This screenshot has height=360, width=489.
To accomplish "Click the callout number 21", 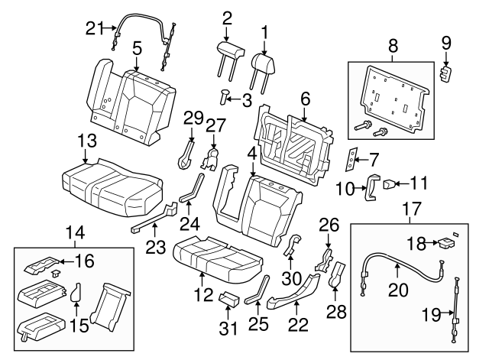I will tap(93, 29).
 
